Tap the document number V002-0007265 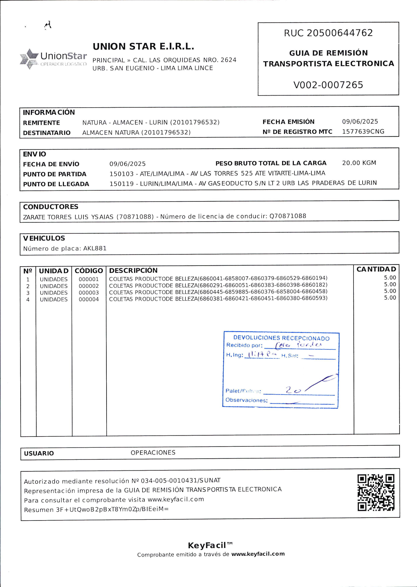[x=328, y=85]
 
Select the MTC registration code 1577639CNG [x=363, y=132]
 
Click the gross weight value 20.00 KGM [x=359, y=163]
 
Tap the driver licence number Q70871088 [x=288, y=216]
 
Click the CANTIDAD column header [x=376, y=269]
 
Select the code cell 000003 [x=89, y=293]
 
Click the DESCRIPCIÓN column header [x=133, y=271]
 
